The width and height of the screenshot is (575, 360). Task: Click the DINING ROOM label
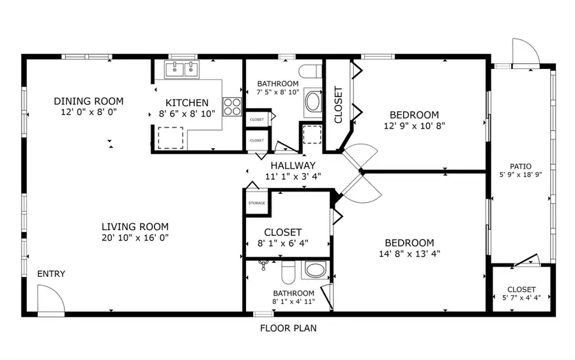pos(88,101)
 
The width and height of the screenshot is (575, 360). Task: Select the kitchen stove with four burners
pos(231,106)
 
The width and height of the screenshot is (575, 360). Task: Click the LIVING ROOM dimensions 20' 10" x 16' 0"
pos(135,238)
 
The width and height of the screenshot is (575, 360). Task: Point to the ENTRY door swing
pos(50,299)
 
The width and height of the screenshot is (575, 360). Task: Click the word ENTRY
pos(51,274)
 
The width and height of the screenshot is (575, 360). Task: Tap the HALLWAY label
pos(293,165)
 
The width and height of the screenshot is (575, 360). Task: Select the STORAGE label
pos(257,203)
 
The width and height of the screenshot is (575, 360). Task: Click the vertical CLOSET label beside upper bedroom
pos(338,105)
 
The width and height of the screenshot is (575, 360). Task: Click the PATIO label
pos(521,166)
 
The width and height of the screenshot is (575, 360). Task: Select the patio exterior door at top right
pos(525,52)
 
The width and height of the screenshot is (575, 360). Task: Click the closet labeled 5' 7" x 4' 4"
pos(521,293)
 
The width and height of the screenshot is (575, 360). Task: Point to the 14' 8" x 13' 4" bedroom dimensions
pos(409,254)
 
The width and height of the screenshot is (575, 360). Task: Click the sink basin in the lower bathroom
pos(314,270)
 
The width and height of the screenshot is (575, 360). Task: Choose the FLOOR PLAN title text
pos(287,329)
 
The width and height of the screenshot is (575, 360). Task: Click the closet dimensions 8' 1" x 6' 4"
pos(283,244)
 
